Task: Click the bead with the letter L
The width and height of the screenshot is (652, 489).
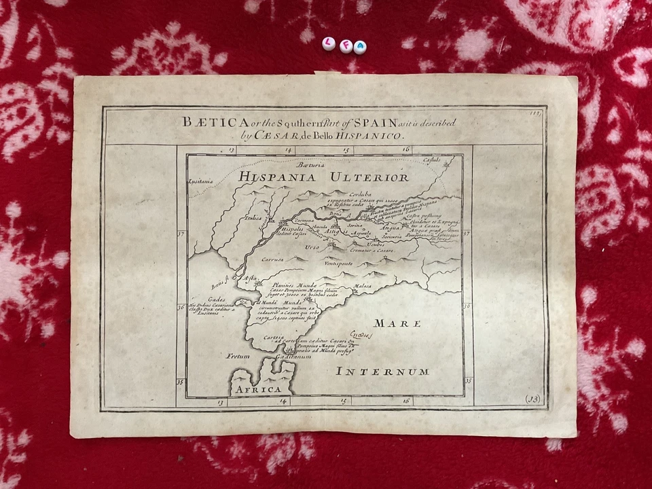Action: (x=329, y=43)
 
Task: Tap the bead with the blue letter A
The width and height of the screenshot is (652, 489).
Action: (x=359, y=48)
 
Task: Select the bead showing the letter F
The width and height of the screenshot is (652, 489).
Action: (x=344, y=46)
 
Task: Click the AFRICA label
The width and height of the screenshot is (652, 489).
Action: (x=257, y=389)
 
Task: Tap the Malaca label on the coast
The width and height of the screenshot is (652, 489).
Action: (x=363, y=287)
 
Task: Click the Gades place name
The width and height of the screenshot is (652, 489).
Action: (x=216, y=299)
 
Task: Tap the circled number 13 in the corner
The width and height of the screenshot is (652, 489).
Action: (x=534, y=399)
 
